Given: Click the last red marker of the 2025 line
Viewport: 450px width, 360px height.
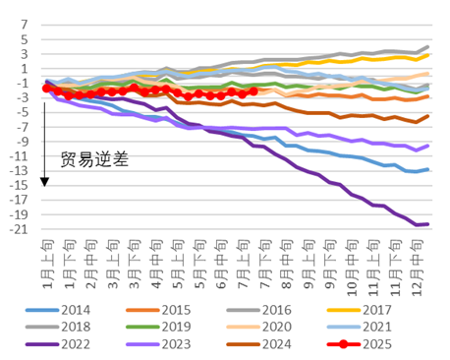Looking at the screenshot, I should click(x=253, y=90).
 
